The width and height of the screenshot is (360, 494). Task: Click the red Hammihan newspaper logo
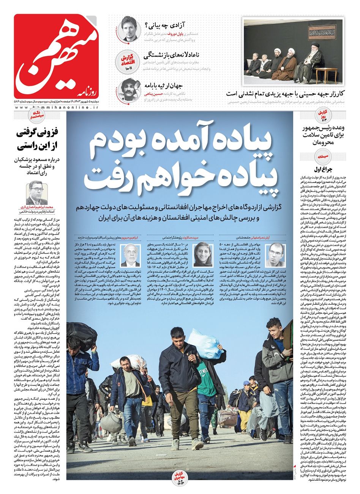[x=56, y=56]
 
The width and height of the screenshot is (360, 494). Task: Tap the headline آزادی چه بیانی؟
[x=165, y=26]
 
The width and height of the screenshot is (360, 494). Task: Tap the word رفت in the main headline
[x=100, y=177]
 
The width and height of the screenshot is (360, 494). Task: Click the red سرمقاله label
[x=317, y=155]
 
